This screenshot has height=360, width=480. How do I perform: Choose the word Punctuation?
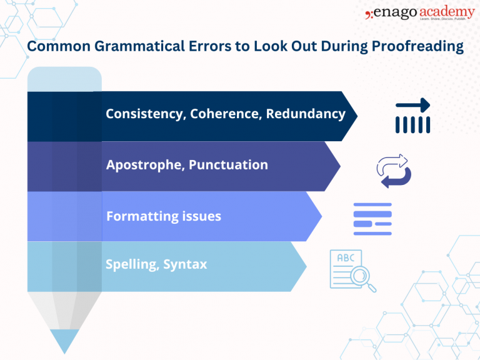[228, 166]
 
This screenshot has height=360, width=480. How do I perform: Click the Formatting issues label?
[164, 217]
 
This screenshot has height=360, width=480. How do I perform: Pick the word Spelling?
[131, 264]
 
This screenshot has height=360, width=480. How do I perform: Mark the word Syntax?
[186, 264]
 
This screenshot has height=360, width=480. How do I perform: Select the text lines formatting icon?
[372, 219]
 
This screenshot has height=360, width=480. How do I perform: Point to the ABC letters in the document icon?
[346, 258]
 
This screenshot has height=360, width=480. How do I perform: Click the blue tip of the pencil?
[64, 341]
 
